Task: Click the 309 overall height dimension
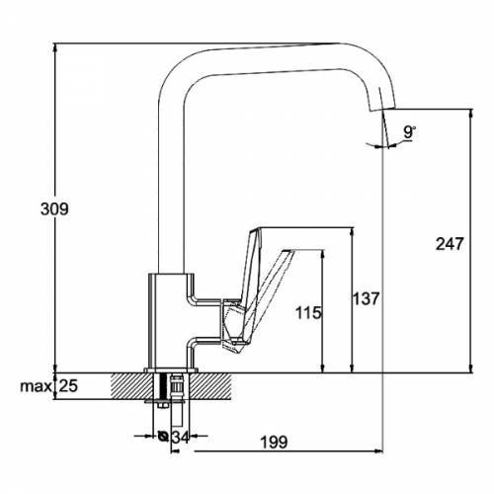(54, 209)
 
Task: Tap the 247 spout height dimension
(450, 244)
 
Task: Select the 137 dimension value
(367, 298)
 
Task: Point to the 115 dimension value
(308, 313)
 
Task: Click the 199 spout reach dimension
(274, 442)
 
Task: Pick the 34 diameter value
(181, 437)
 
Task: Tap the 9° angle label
(409, 132)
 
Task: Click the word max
(36, 386)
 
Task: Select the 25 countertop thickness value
(68, 386)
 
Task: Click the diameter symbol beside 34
(163, 437)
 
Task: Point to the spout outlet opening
(382, 110)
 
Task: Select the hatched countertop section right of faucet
(210, 386)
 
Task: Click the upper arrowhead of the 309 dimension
(55, 48)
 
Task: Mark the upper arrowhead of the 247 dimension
(471, 114)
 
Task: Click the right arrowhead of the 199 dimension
(378, 452)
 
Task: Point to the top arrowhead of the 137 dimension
(352, 232)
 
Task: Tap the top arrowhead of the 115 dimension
(323, 255)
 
